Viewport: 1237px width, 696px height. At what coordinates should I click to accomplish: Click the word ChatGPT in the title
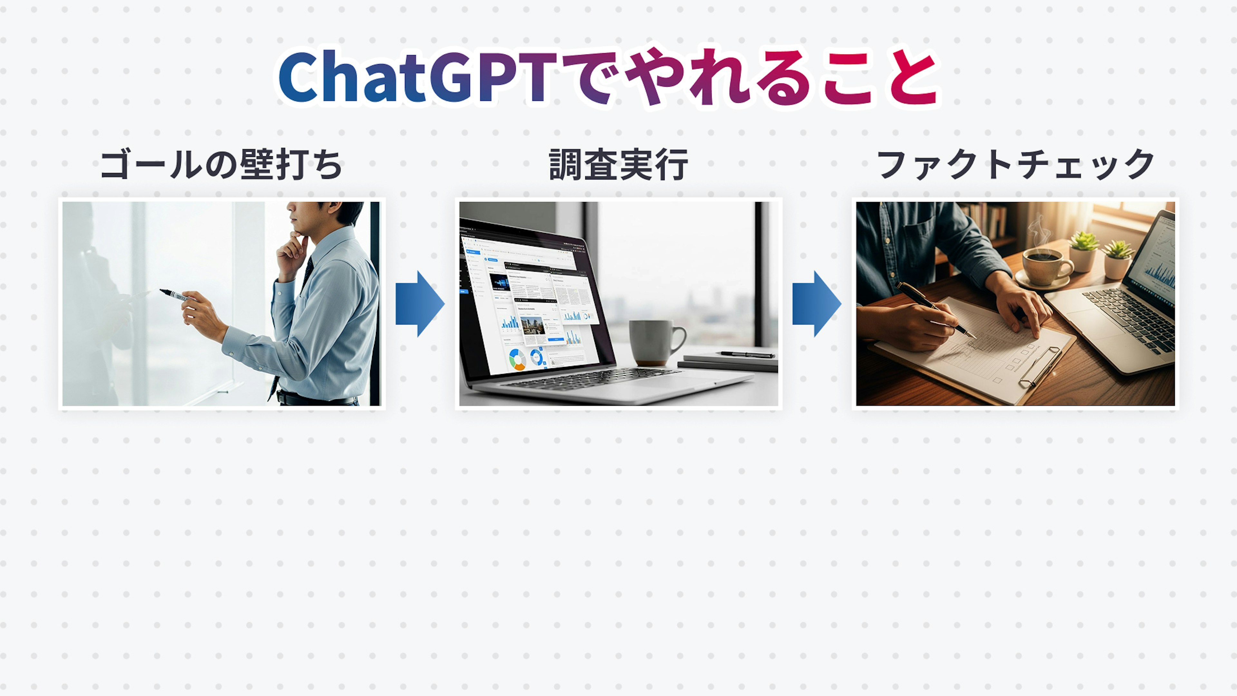click(417, 77)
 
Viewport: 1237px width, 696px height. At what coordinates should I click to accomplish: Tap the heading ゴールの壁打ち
click(221, 165)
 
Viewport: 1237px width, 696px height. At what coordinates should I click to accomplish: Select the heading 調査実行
click(618, 165)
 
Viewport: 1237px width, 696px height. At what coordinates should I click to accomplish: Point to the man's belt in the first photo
click(317, 399)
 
